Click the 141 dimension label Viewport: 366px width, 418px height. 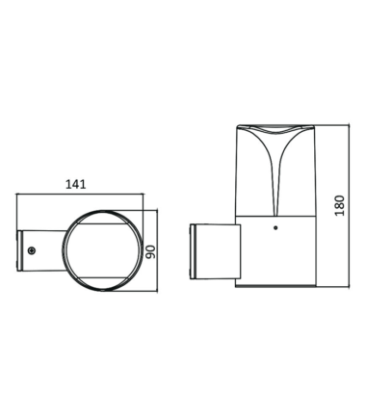76,184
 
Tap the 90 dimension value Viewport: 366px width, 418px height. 150,251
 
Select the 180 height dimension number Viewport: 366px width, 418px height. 339,205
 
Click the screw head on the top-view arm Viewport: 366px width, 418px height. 32,250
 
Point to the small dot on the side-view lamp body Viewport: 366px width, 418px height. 274,228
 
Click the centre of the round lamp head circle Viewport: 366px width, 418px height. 102,250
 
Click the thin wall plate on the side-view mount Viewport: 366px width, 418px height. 193,251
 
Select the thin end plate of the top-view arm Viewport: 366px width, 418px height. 19,250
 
